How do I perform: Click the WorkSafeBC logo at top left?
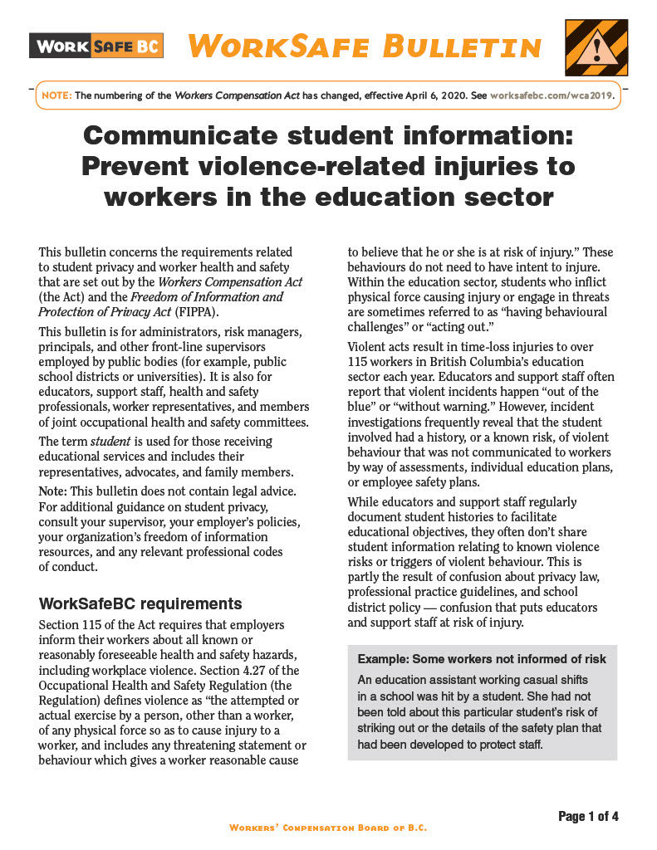[x=96, y=45]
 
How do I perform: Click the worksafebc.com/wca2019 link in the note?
[x=552, y=95]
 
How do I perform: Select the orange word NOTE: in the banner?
[x=56, y=95]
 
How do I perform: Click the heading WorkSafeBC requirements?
[x=140, y=603]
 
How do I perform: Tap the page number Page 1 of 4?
[x=588, y=817]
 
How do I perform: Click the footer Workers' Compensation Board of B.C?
[x=328, y=828]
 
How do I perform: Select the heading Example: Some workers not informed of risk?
[x=482, y=659]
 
